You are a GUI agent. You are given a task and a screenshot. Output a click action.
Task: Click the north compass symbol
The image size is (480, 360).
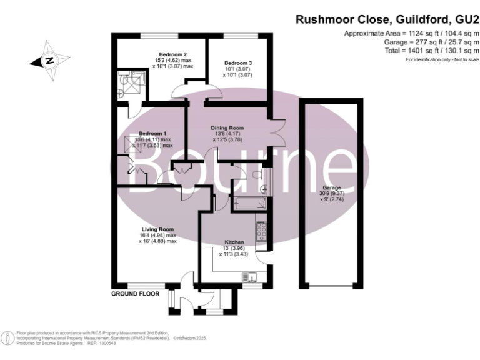(47, 61)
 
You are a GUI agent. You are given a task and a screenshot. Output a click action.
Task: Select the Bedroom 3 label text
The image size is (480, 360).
(238, 63)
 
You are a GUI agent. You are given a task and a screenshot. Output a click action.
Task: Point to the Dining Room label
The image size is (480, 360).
(227, 127)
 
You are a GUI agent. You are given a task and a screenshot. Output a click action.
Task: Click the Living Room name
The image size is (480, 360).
(157, 229)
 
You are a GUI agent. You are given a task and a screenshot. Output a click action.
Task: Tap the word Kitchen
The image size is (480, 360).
(234, 242)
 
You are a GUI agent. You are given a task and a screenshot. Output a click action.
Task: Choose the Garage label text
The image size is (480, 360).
(331, 187)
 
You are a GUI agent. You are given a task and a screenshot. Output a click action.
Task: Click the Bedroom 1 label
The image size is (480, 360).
(152, 133)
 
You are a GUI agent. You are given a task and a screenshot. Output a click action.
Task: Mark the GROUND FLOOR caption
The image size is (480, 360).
(136, 293)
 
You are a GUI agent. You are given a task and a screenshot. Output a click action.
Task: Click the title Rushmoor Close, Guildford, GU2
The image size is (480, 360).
(387, 20)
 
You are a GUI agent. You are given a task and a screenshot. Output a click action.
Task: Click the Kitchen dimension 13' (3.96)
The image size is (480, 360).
(234, 248)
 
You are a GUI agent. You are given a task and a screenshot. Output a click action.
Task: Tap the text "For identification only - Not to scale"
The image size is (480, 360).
(442, 59)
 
